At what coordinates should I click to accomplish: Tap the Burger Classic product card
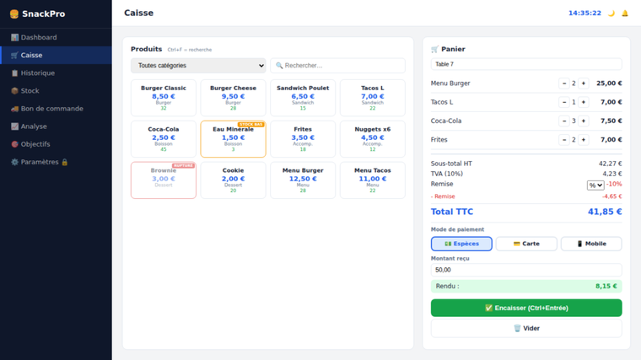[164, 98]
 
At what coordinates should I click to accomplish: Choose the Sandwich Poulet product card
[303, 98]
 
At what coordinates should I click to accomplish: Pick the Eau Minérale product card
[233, 139]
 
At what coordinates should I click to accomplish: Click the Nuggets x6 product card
[372, 139]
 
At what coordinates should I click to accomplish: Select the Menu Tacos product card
[372, 180]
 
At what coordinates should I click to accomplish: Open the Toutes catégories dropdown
[198, 65]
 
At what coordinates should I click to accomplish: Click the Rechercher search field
[337, 65]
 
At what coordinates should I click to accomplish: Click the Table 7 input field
[526, 64]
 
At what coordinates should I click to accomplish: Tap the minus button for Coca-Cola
[564, 121]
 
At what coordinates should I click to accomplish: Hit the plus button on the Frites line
[583, 140]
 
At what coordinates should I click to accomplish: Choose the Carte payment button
[526, 244]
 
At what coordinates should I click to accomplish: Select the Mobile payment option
[591, 244]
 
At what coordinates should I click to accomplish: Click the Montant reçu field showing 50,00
[526, 270]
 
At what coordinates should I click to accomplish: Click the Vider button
[526, 328]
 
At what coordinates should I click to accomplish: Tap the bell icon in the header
[625, 13]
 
